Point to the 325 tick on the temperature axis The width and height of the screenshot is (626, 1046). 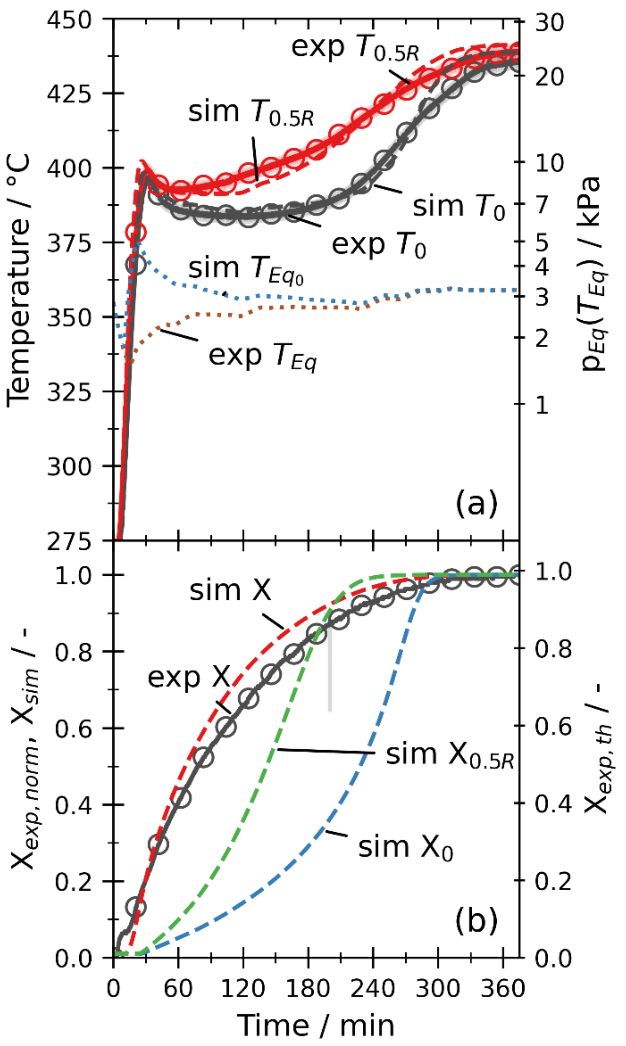pyautogui.click(x=69, y=392)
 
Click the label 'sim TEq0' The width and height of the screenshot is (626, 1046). pyautogui.click(x=245, y=270)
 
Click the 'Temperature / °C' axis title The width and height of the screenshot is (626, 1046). pyautogui.click(x=19, y=280)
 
